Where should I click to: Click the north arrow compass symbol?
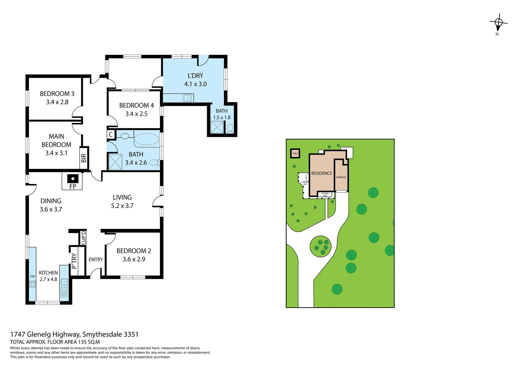pyautogui.click(x=498, y=23)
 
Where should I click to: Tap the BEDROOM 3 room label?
pyautogui.click(x=57, y=94)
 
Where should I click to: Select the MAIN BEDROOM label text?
pyautogui.click(x=56, y=140)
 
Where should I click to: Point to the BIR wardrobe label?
pyautogui.click(x=84, y=158)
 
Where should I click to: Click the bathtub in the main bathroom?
pyautogui.click(x=146, y=139)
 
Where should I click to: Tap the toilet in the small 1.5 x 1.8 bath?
pyautogui.click(x=230, y=128)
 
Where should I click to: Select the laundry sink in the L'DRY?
pyautogui.click(x=187, y=98)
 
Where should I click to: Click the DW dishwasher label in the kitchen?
pyautogui.click(x=32, y=276)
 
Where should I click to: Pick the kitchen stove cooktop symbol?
pyautogui.click(x=32, y=284)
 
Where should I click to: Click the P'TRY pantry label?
pyautogui.click(x=74, y=261)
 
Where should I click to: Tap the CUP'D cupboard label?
pyautogui.click(x=83, y=238)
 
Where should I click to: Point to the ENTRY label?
pyautogui.click(x=96, y=260)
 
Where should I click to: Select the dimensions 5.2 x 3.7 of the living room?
pyautogui.click(x=122, y=206)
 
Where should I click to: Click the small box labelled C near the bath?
pyautogui.click(x=111, y=135)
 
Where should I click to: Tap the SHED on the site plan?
pyautogui.click(x=295, y=154)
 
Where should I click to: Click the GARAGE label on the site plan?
pyautogui.click(x=341, y=177)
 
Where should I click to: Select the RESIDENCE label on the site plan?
pyautogui.click(x=321, y=173)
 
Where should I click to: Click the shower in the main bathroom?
pyautogui.click(x=115, y=162)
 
